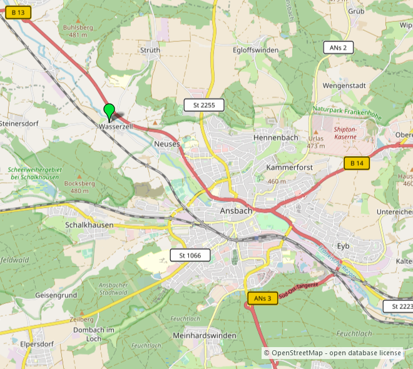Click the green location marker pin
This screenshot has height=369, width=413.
(110, 111)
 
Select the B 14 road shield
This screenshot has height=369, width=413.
(357, 163)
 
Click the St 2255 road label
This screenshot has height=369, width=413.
(203, 105)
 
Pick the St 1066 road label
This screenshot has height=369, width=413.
(190, 255)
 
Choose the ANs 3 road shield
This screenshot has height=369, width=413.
(263, 298)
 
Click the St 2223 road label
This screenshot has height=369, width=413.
(399, 306)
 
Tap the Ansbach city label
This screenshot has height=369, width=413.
(236, 211)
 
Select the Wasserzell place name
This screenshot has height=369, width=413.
(116, 127)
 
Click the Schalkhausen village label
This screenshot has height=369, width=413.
(89, 225)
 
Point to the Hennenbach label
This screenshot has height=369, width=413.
(275, 137)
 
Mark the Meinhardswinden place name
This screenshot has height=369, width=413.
(204, 336)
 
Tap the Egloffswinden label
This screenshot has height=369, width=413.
(255, 50)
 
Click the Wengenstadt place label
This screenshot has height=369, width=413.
(344, 85)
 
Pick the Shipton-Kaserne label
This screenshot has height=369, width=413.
(345, 132)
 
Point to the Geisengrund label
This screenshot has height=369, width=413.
(56, 295)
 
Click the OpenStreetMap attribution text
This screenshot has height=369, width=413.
(332, 353)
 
